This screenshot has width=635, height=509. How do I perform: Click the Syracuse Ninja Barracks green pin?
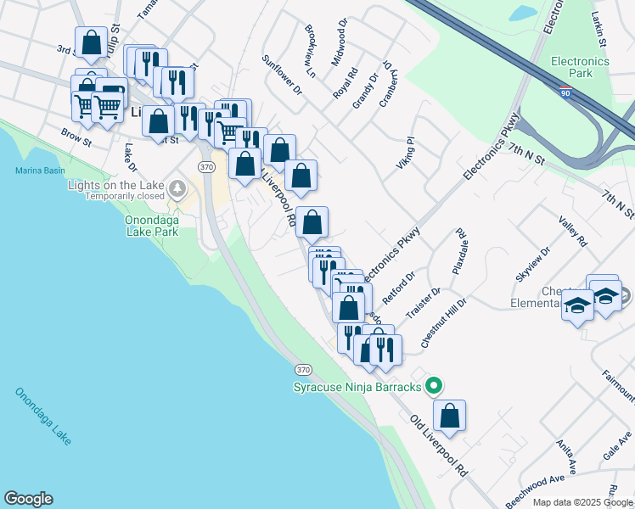point(434,387)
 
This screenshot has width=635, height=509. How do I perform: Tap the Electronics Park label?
point(580,67)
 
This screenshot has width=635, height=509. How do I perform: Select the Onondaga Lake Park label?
point(145,224)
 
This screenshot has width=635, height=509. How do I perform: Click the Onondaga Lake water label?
point(43,416)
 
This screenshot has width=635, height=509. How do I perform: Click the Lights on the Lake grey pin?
point(177,188)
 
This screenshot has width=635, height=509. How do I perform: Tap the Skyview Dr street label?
point(532,265)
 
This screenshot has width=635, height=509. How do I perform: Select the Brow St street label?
point(76,137)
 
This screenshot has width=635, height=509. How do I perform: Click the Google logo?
point(28,499)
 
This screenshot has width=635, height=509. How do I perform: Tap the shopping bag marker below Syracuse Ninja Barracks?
point(450,416)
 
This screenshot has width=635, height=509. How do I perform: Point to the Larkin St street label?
point(599,29)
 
